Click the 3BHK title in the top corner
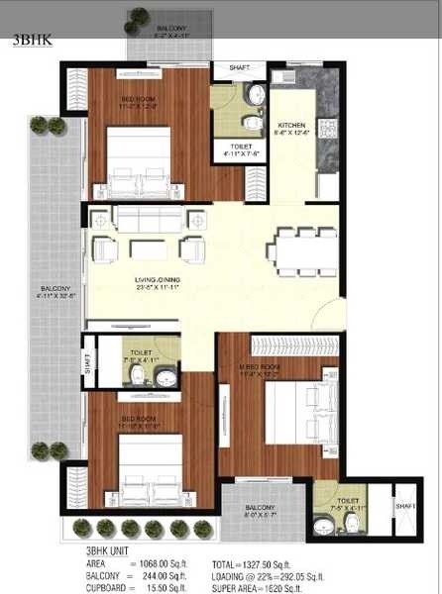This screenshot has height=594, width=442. [28, 42]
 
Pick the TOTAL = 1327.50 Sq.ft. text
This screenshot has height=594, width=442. [262, 562]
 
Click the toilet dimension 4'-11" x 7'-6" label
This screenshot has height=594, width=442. [239, 152]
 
